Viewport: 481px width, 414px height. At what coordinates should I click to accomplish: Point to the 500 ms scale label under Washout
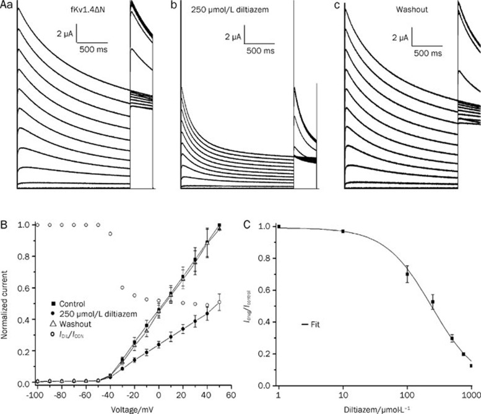point(427,54)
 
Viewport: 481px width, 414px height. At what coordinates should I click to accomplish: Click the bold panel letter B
point(6,217)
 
